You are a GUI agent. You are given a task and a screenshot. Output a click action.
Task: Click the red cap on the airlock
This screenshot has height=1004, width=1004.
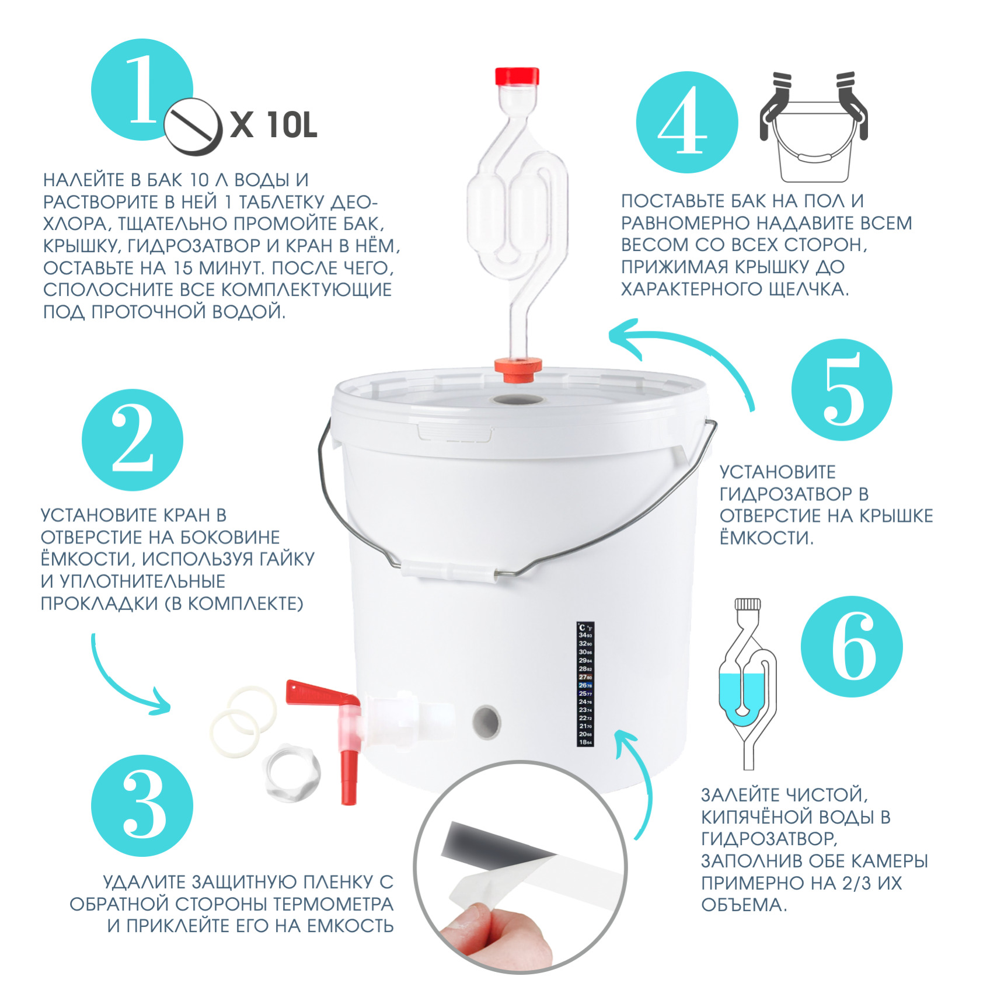coord(517,76)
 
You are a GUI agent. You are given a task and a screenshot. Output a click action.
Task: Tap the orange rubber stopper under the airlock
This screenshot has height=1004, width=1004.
coord(518,370)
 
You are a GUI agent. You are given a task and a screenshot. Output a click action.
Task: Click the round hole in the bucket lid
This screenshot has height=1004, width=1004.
coord(518,400)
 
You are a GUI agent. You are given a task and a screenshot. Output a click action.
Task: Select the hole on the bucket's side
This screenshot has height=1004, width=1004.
coord(486,720)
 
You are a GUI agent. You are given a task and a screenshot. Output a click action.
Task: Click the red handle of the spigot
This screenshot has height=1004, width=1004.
coord(321,694)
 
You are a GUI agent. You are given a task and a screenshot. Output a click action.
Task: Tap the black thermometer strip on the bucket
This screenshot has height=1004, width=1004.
coord(585,684)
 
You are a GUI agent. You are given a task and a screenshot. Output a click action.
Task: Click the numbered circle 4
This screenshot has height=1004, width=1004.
coord(686,122)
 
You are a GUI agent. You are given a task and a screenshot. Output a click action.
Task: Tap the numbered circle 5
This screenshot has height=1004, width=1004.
coord(842,389)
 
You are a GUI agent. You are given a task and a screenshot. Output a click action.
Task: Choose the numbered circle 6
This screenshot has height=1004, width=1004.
coord(851,646)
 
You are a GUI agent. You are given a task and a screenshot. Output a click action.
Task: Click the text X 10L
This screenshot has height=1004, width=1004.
coord(274,124)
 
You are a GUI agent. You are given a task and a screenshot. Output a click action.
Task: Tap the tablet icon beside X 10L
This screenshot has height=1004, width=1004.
coord(193,127)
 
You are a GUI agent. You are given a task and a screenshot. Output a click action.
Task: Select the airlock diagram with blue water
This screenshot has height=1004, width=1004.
coord(748,684)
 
